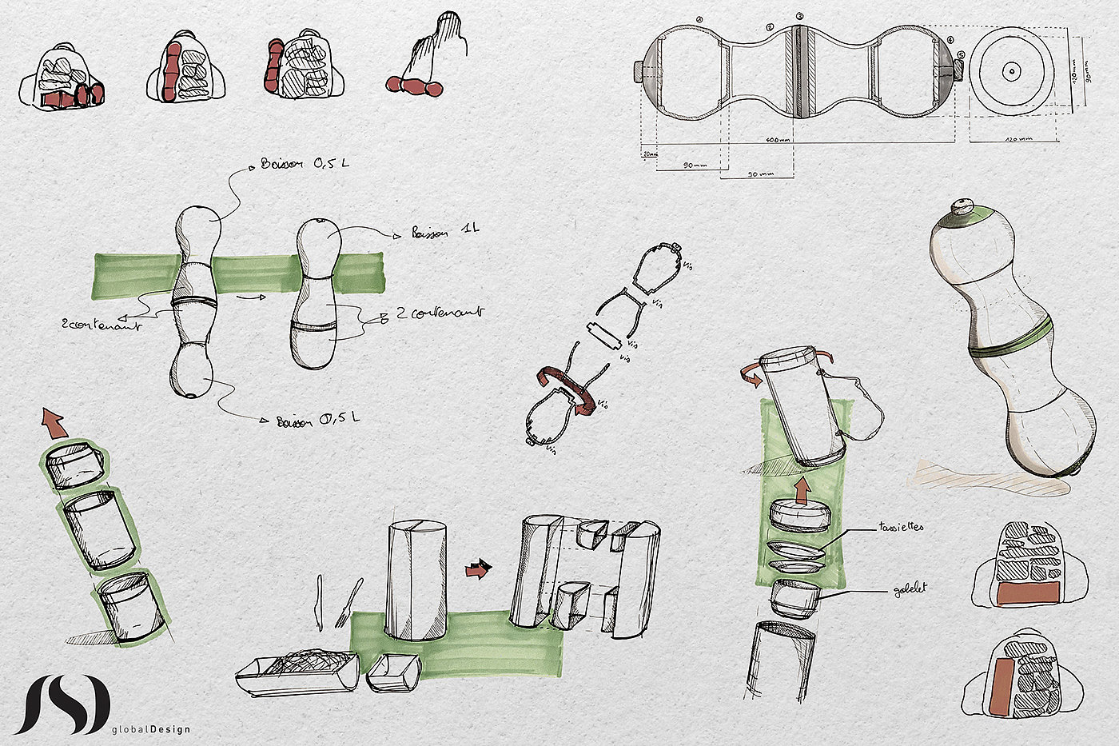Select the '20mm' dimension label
(x=648, y=154)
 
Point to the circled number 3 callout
(x=799, y=16)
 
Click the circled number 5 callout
(x=960, y=55)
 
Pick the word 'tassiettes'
(x=901, y=528)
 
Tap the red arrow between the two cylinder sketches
(x=478, y=569)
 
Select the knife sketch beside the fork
(x=320, y=600)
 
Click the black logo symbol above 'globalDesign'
(x=62, y=704)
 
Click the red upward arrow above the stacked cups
(x=54, y=422)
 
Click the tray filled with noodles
(x=297, y=670)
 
